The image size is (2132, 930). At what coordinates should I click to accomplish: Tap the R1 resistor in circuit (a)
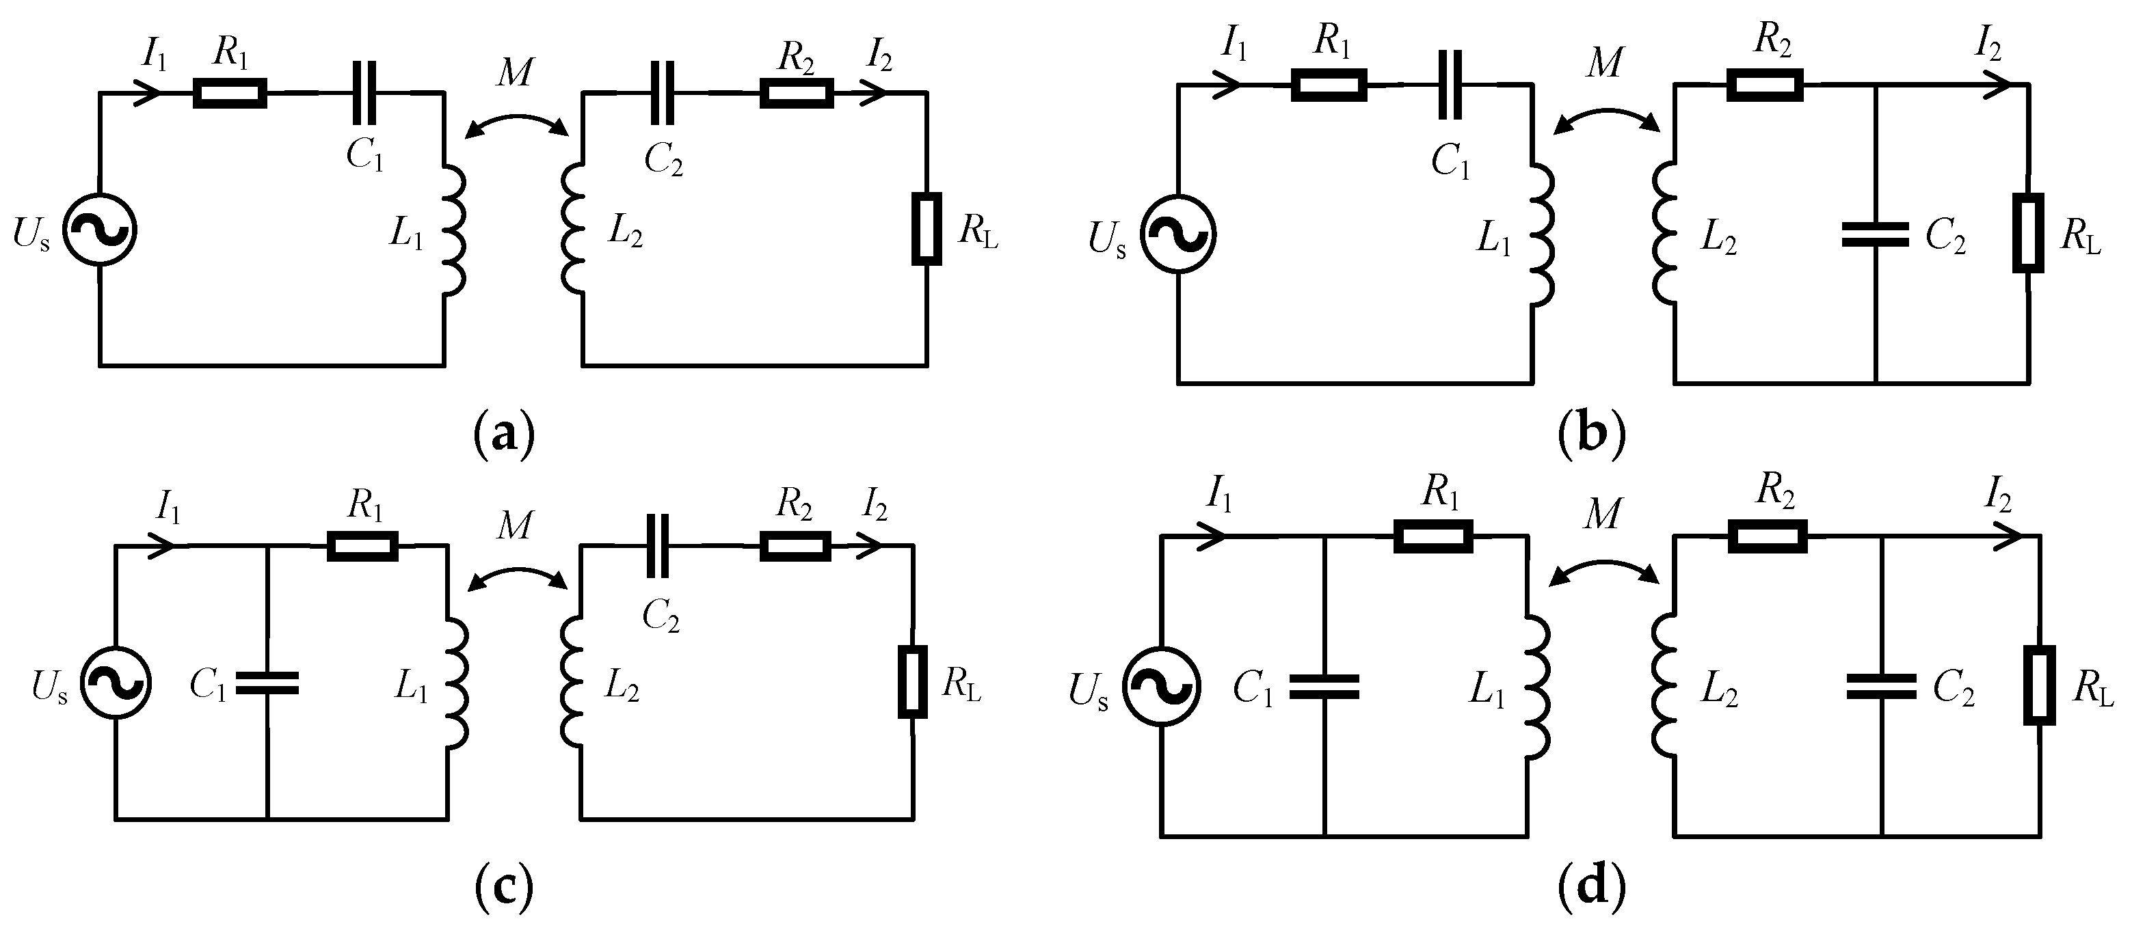(230, 94)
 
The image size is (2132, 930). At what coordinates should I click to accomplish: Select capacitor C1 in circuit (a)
(362, 93)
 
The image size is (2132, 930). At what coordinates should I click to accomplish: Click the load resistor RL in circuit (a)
(926, 229)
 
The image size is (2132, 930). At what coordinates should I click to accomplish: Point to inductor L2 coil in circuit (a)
(574, 229)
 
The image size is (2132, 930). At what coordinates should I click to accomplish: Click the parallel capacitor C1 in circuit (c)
(267, 682)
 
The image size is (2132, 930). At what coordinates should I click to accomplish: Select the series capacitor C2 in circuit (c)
(658, 545)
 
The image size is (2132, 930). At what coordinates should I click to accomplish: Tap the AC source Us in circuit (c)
(116, 682)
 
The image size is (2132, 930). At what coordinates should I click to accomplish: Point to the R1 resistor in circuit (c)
(362, 546)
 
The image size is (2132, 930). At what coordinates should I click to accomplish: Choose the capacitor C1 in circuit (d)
(1324, 687)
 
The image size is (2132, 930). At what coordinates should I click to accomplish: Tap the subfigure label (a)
(504, 433)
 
